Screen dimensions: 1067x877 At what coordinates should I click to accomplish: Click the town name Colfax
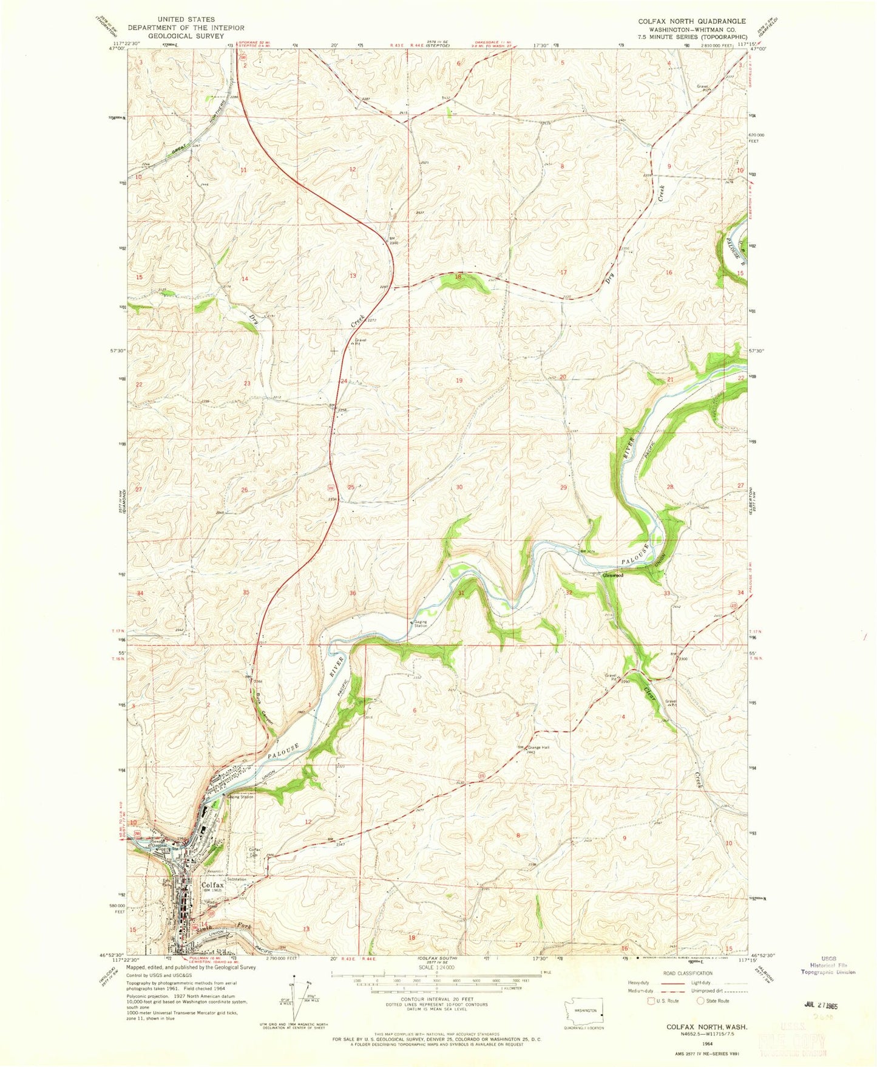tap(212, 885)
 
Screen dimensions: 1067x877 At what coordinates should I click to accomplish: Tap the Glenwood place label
tap(612, 575)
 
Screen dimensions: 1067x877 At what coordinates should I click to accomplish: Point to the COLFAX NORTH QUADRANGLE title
tap(691, 21)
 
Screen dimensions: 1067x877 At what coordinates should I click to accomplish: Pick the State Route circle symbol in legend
tap(700, 1001)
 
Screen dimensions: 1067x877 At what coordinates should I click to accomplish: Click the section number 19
tap(459, 380)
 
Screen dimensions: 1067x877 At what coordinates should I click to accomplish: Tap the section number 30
tap(459, 487)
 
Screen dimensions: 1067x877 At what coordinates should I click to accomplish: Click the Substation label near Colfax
tap(237, 879)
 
